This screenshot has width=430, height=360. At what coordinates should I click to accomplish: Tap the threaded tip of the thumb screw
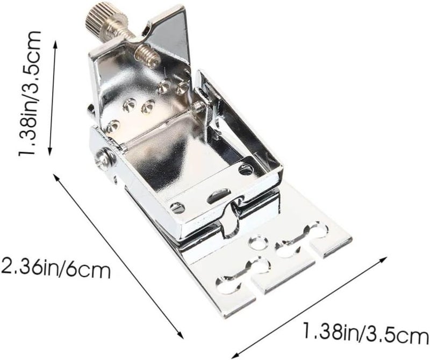tap(148, 56)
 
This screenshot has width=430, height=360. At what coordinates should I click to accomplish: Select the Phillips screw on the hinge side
tap(105, 159)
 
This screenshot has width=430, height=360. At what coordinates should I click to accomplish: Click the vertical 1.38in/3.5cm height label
tap(30, 93)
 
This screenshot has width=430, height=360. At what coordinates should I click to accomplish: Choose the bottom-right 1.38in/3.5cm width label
tap(365, 332)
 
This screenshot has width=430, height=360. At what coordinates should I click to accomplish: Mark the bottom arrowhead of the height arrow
tap(50, 152)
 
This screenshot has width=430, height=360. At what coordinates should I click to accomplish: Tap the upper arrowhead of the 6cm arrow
tap(56, 177)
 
